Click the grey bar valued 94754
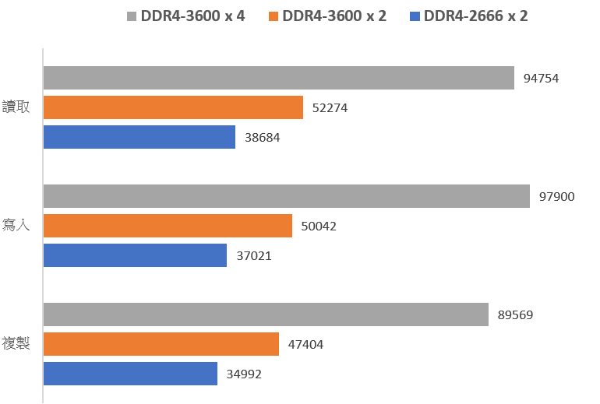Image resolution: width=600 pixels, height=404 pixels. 278,78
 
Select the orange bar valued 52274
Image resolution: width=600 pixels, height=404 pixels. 173,107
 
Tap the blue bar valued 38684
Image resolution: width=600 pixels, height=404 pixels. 139,137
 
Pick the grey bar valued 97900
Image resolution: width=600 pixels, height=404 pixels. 286,196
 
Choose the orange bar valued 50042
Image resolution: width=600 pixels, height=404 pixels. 168,226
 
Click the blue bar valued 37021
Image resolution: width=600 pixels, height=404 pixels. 135,255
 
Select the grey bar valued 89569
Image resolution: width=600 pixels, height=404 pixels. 266,314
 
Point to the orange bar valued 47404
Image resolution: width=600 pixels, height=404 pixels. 161,344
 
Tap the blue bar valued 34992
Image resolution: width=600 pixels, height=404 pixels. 130,374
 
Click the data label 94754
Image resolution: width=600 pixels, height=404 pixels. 542,78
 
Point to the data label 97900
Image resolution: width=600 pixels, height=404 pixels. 556,196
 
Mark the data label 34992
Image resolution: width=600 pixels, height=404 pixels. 244,374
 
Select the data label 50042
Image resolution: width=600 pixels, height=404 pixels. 319,227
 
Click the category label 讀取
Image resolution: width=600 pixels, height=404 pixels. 16,107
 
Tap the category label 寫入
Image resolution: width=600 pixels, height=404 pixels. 16,226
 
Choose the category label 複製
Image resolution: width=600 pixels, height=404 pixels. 16,343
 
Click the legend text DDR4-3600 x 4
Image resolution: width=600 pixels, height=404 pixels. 193,16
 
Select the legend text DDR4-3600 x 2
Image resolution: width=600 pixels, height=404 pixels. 334,16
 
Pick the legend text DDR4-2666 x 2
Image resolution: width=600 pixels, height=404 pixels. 475,16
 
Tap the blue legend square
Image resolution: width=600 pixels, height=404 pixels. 413,16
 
